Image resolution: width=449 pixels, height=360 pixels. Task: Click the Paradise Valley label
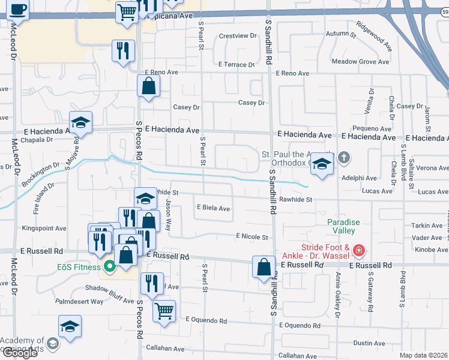click(343, 226)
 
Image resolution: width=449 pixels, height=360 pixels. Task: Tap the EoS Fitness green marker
click(109, 266)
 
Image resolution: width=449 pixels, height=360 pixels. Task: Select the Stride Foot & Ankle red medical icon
click(358, 250)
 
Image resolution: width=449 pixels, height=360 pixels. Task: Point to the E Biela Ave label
click(214, 209)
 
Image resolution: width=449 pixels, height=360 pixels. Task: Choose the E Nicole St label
click(252, 237)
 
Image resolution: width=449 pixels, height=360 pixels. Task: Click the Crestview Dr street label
click(238, 36)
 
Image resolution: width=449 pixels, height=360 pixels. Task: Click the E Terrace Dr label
click(237, 64)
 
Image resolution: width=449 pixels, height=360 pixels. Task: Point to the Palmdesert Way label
click(79, 301)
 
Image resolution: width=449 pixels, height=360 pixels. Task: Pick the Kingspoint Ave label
click(44, 229)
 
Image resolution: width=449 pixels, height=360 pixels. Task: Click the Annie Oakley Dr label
click(338, 294)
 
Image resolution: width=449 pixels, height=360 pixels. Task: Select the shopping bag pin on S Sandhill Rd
click(264, 266)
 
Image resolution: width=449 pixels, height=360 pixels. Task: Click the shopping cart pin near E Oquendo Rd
click(164, 311)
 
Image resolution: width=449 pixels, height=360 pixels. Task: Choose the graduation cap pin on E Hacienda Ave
click(80, 124)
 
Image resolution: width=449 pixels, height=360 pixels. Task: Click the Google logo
click(19, 353)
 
